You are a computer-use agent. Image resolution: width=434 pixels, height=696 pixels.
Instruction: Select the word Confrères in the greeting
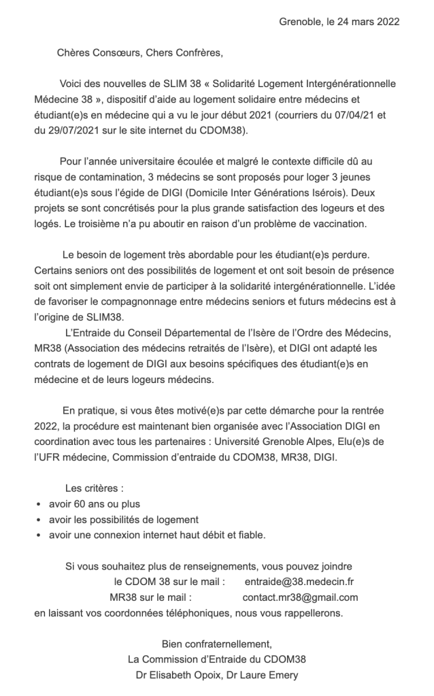(194, 52)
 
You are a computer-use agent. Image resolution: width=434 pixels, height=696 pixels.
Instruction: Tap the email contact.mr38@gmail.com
(300, 597)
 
